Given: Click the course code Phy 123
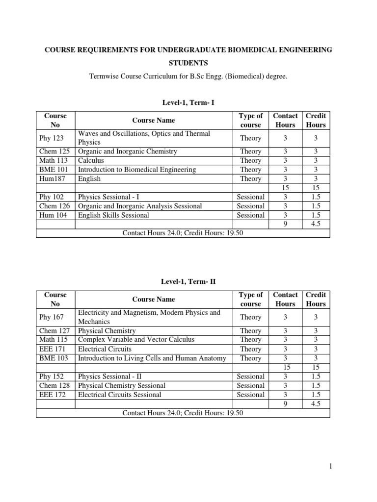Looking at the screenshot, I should [51, 138].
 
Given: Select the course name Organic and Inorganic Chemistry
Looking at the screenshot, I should [128, 151].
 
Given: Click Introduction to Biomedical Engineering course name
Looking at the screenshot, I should [137, 170].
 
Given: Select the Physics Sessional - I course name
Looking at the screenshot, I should [109, 197].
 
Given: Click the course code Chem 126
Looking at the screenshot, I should [54, 206].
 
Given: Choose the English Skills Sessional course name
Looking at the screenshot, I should [113, 215].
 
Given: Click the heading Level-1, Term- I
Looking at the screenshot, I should [183, 102].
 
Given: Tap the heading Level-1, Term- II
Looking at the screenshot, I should [183, 281].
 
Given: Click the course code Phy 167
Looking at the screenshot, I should [51, 317].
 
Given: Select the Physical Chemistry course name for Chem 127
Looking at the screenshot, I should [107, 331].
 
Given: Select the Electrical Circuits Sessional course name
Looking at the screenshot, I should [119, 395].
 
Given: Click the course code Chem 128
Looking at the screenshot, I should [54, 385].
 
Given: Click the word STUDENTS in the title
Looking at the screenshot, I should [183, 63].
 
